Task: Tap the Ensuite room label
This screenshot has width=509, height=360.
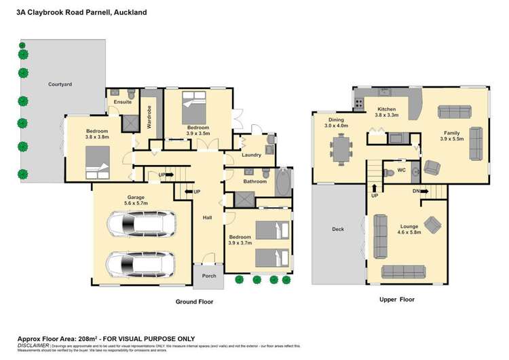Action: [x=122, y=102]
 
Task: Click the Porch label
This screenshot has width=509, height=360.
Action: [x=208, y=276]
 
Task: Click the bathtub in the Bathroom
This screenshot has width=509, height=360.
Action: [x=282, y=181]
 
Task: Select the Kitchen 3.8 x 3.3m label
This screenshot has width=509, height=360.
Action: [x=386, y=112]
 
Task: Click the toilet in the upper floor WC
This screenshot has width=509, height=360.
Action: [x=388, y=172]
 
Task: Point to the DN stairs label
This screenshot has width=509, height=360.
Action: [x=415, y=192]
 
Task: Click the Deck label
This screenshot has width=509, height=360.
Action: [x=337, y=230]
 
